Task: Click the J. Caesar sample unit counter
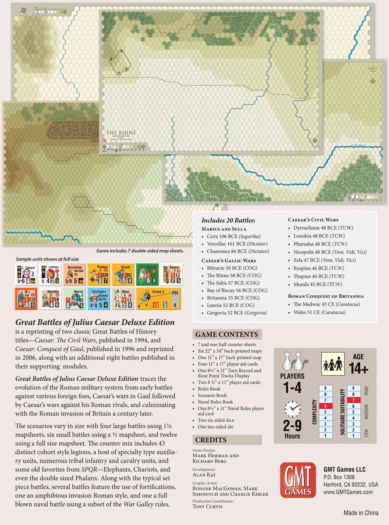coord(26,274)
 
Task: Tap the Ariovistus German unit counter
coord(75,274)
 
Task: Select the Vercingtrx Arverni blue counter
coord(99,299)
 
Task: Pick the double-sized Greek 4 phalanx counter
coord(159,299)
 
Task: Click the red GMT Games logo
coord(298,480)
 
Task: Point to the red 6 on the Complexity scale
coord(325,406)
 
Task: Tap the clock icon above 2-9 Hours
coord(292,409)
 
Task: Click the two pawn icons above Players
coord(292,361)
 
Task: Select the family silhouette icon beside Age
coord(333,364)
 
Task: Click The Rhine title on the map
coord(121,133)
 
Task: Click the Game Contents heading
coord(227,334)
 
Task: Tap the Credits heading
coord(211,440)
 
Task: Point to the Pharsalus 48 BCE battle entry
coord(320,244)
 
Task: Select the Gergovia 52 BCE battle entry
coord(237,313)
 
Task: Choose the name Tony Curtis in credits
coord(207,507)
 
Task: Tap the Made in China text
coord(361,513)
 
